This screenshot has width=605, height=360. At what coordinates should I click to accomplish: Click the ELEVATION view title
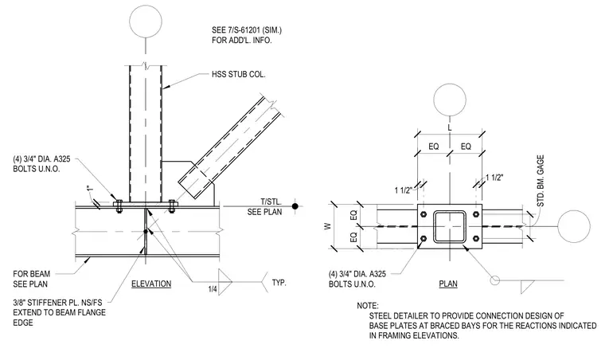click(x=151, y=284)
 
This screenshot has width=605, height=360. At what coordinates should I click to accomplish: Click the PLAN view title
click(x=448, y=284)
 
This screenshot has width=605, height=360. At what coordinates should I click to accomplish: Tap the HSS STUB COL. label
click(x=239, y=75)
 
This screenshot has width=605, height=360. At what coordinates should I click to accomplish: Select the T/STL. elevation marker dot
click(x=295, y=206)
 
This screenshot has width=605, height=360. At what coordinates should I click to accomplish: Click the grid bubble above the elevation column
click(x=146, y=22)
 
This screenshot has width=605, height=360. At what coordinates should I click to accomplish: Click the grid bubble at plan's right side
click(x=574, y=226)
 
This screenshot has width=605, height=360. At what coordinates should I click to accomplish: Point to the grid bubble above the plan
click(x=450, y=100)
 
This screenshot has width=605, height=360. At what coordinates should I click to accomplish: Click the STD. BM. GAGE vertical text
click(x=541, y=181)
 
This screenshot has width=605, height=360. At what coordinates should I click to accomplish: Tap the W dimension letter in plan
click(x=328, y=226)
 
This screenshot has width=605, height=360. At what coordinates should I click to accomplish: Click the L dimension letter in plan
click(x=450, y=127)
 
